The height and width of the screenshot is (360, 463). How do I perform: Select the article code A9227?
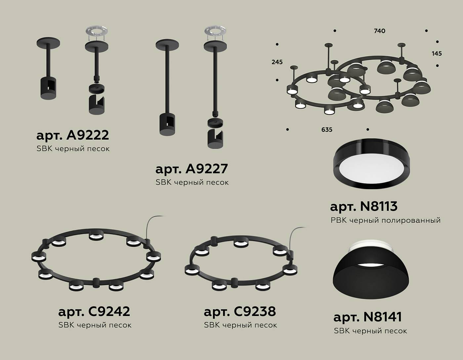[206, 169]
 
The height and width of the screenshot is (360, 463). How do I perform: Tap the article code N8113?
[378, 206]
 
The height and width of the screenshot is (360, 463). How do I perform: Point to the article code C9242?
[109, 311]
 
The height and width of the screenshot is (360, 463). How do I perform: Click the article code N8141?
[382, 317]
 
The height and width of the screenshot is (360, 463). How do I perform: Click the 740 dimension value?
[379, 31]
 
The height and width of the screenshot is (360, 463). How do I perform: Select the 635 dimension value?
[327, 130]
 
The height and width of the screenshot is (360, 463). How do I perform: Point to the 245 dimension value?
[277, 62]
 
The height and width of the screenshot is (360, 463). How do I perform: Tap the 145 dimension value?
[437, 53]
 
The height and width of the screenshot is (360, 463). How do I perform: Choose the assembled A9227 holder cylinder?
[168, 124]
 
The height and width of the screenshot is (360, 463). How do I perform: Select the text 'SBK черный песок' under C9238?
[240, 325]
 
